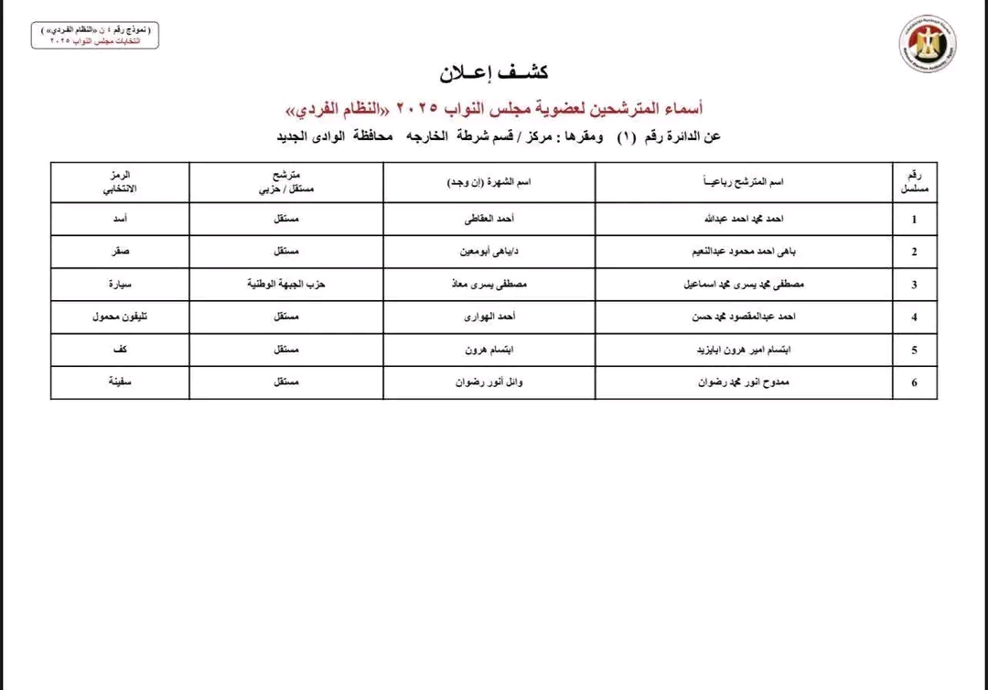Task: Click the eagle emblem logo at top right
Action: (x=928, y=45)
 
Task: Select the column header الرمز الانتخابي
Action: (x=120, y=181)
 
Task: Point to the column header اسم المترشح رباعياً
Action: (x=743, y=182)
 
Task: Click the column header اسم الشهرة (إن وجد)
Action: (x=489, y=182)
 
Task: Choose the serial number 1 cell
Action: (x=914, y=220)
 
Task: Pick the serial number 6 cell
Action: (x=914, y=383)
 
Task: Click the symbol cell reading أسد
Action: (x=120, y=219)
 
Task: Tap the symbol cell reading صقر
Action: (x=120, y=251)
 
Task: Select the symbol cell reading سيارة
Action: (x=120, y=284)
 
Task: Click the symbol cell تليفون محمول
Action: (x=120, y=317)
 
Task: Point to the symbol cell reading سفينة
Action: (x=120, y=382)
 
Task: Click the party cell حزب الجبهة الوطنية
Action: (x=286, y=284)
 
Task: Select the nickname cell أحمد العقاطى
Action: (x=489, y=219)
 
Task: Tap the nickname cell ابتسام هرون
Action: (x=489, y=350)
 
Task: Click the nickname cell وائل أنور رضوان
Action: (x=489, y=382)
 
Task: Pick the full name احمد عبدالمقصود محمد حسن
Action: (x=743, y=317)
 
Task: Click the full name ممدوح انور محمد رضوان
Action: (x=743, y=383)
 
